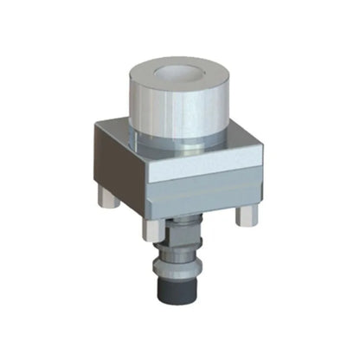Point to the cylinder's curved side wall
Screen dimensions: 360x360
[x=173, y=112]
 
